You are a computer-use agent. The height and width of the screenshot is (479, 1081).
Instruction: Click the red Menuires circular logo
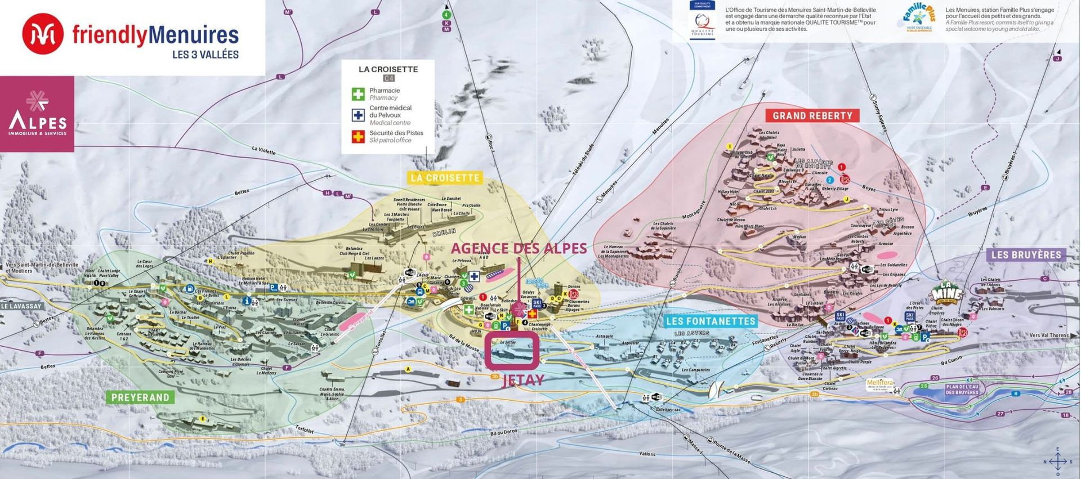(43, 34)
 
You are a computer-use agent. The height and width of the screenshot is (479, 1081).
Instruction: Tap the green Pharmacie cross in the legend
(358, 94)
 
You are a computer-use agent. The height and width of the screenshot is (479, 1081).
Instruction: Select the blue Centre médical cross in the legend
(358, 115)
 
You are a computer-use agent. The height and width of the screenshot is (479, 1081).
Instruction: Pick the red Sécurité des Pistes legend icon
(358, 136)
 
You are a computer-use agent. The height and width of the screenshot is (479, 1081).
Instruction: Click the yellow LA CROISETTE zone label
(445, 178)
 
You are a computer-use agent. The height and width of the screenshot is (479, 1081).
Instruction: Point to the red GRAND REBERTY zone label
(812, 116)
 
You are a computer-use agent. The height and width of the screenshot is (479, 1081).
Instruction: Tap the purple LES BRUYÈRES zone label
(1026, 255)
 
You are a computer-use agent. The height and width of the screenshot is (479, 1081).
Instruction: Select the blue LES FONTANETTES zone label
(710, 321)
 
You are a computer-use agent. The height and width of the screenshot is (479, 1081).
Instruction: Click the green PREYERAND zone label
(140, 397)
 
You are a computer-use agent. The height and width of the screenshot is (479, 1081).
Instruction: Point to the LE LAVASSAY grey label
(21, 306)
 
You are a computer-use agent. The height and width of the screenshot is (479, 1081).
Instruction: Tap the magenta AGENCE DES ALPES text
(519, 248)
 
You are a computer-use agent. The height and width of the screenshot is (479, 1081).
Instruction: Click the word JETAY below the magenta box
(523, 380)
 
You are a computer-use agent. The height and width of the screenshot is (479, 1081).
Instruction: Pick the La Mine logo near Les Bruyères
(946, 292)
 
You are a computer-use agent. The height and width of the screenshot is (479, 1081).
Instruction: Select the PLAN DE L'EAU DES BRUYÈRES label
(962, 390)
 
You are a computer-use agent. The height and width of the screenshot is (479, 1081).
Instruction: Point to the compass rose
(1057, 462)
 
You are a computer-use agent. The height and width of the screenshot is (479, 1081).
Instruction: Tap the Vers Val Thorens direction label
(1048, 335)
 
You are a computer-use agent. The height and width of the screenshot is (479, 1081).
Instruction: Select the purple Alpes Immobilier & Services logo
(37, 114)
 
